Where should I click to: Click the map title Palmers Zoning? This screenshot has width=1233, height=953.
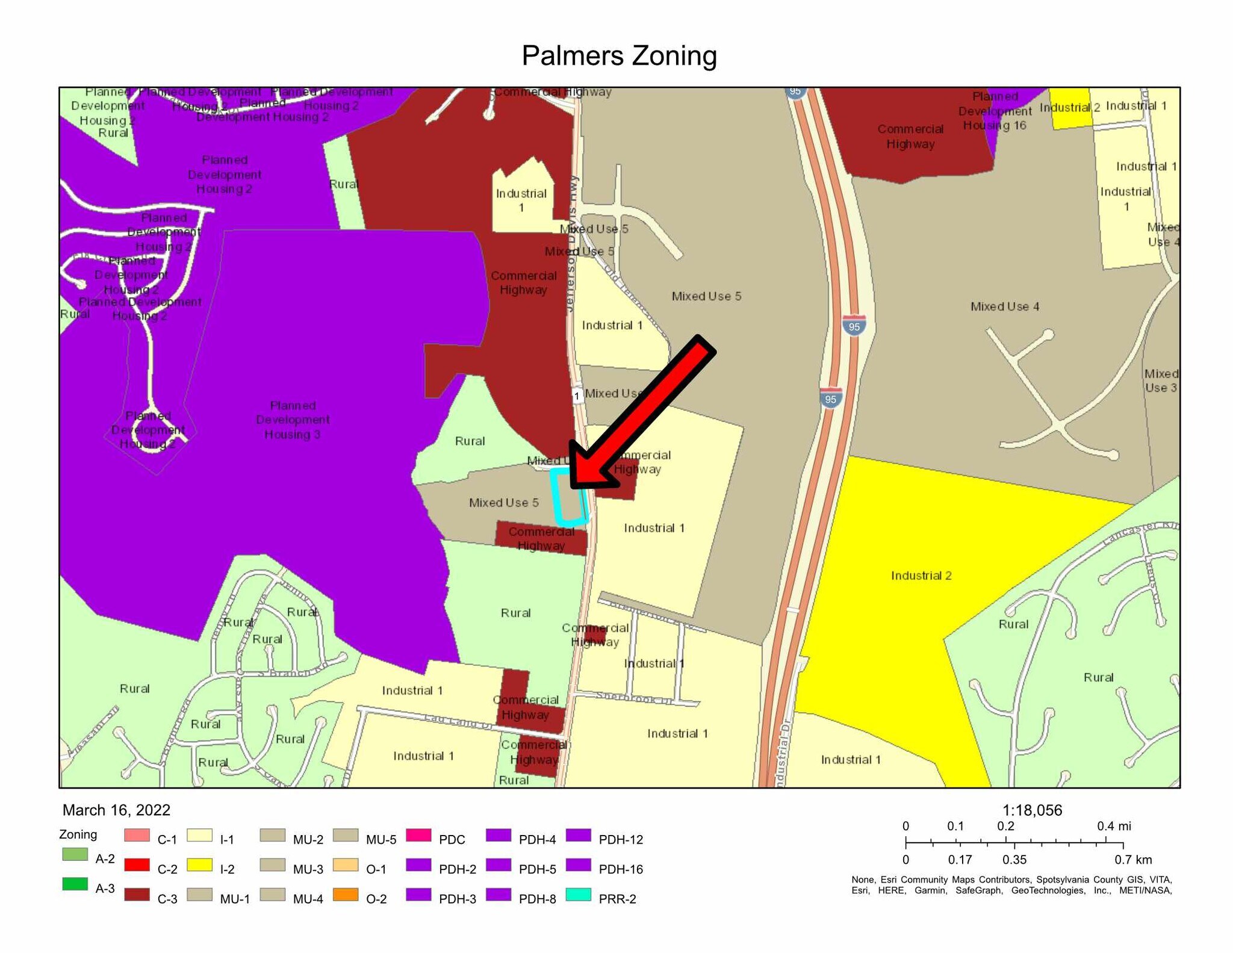coord(619,56)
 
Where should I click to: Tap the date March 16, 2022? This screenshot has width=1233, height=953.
coord(116,810)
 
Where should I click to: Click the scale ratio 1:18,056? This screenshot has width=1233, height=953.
coord(1032,810)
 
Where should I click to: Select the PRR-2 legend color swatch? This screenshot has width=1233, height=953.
coord(579,895)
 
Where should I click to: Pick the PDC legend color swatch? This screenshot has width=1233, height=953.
coord(418,835)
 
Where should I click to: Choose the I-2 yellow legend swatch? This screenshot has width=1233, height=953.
coord(199,865)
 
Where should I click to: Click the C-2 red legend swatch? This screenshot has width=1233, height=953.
coord(137,865)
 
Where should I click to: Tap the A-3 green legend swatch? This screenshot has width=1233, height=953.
coord(75,884)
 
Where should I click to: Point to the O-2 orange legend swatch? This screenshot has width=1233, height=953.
coord(346,895)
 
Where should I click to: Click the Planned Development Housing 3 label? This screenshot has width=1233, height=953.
coord(293,420)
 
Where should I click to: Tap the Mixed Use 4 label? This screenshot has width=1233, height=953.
coord(1005,306)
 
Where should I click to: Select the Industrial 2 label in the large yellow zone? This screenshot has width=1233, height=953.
coord(921,576)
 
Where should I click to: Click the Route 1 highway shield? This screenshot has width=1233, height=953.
coord(577,396)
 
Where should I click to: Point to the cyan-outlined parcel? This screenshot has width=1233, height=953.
coord(569,497)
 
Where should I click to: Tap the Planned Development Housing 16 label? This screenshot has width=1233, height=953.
coord(995,111)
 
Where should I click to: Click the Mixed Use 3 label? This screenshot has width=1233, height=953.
coord(1161,380)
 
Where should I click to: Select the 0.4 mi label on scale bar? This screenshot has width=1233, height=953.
coord(1113,826)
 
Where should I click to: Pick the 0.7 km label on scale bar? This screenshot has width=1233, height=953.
coord(1132,860)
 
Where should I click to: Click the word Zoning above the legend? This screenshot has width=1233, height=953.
coord(78,834)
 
